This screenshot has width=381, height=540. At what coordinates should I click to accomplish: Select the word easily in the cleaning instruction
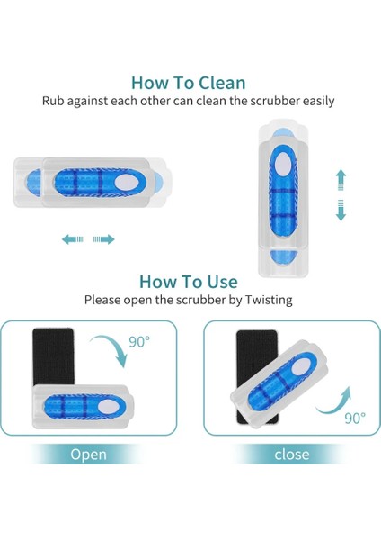pos(315,101)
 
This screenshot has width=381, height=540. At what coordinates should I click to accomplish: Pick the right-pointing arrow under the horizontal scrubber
pos(104,239)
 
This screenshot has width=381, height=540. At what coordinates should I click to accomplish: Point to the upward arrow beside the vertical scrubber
pos(341,178)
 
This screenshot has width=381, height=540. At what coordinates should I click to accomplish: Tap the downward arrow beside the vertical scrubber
pos(341,212)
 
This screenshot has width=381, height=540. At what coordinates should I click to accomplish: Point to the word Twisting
pos(267,300)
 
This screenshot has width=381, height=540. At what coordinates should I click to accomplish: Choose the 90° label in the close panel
pos(354,418)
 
